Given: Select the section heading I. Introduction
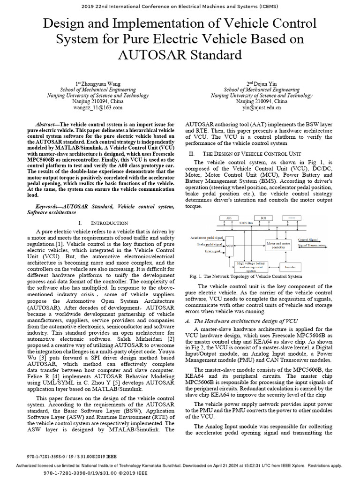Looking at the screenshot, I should click(103, 223).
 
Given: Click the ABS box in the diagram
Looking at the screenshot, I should click(229, 218).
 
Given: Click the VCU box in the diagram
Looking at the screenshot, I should click(230, 245).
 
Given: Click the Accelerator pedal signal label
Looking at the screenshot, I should click(207, 238).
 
